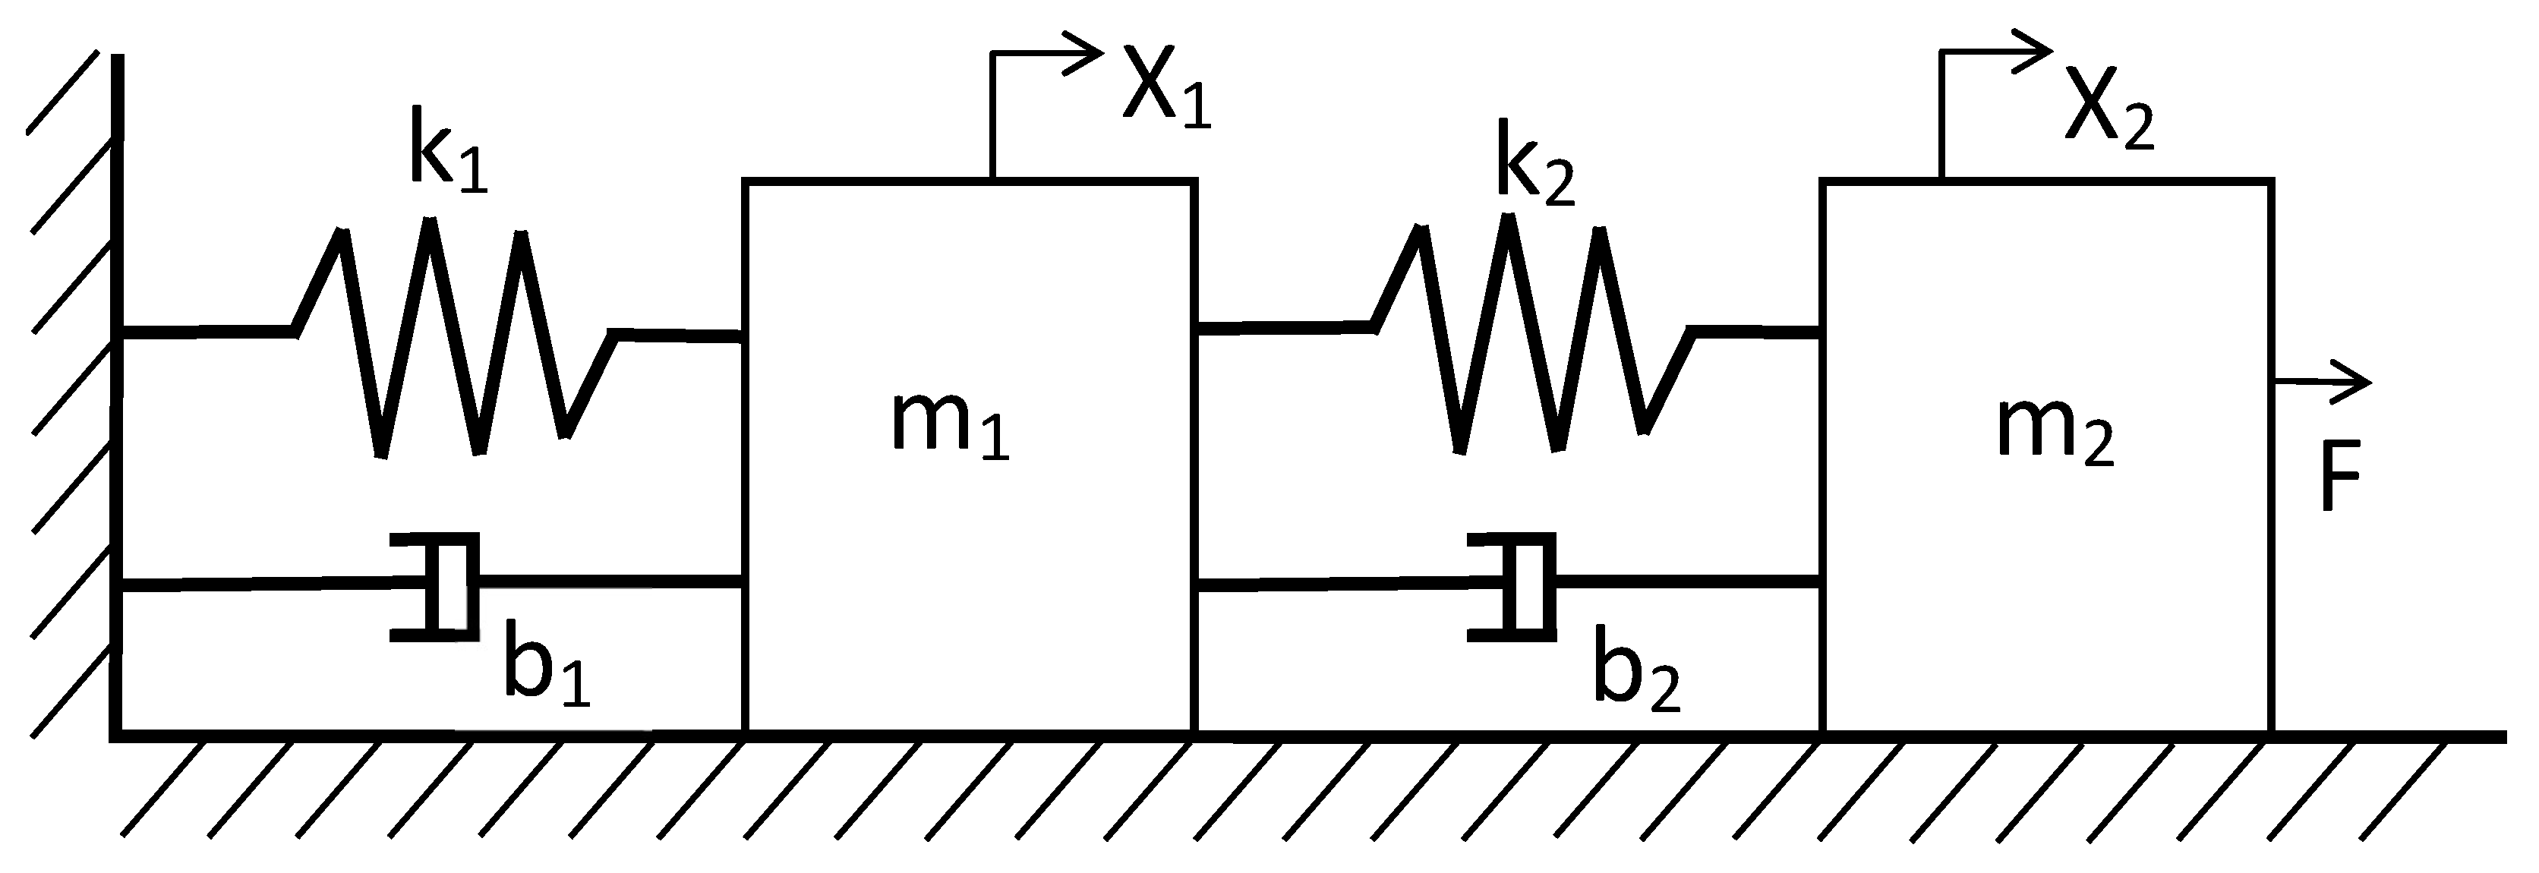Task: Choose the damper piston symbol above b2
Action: coord(1518,585)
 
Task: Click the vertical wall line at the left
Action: coord(117,394)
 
